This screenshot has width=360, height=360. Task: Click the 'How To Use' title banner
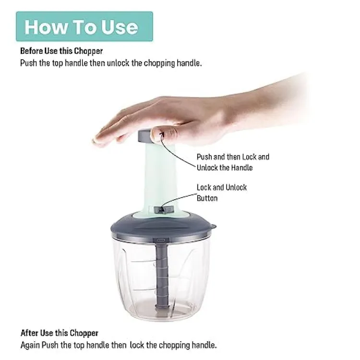coord(84,26)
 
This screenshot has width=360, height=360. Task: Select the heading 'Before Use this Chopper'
coord(61,51)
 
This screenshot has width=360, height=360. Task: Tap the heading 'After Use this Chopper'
coord(59,333)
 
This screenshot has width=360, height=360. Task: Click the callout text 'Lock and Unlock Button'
coord(221,192)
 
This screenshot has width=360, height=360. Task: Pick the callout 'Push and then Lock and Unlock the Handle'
coord(233,162)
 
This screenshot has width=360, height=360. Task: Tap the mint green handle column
coord(161,178)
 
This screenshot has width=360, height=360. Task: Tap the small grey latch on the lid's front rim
coord(161,238)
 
